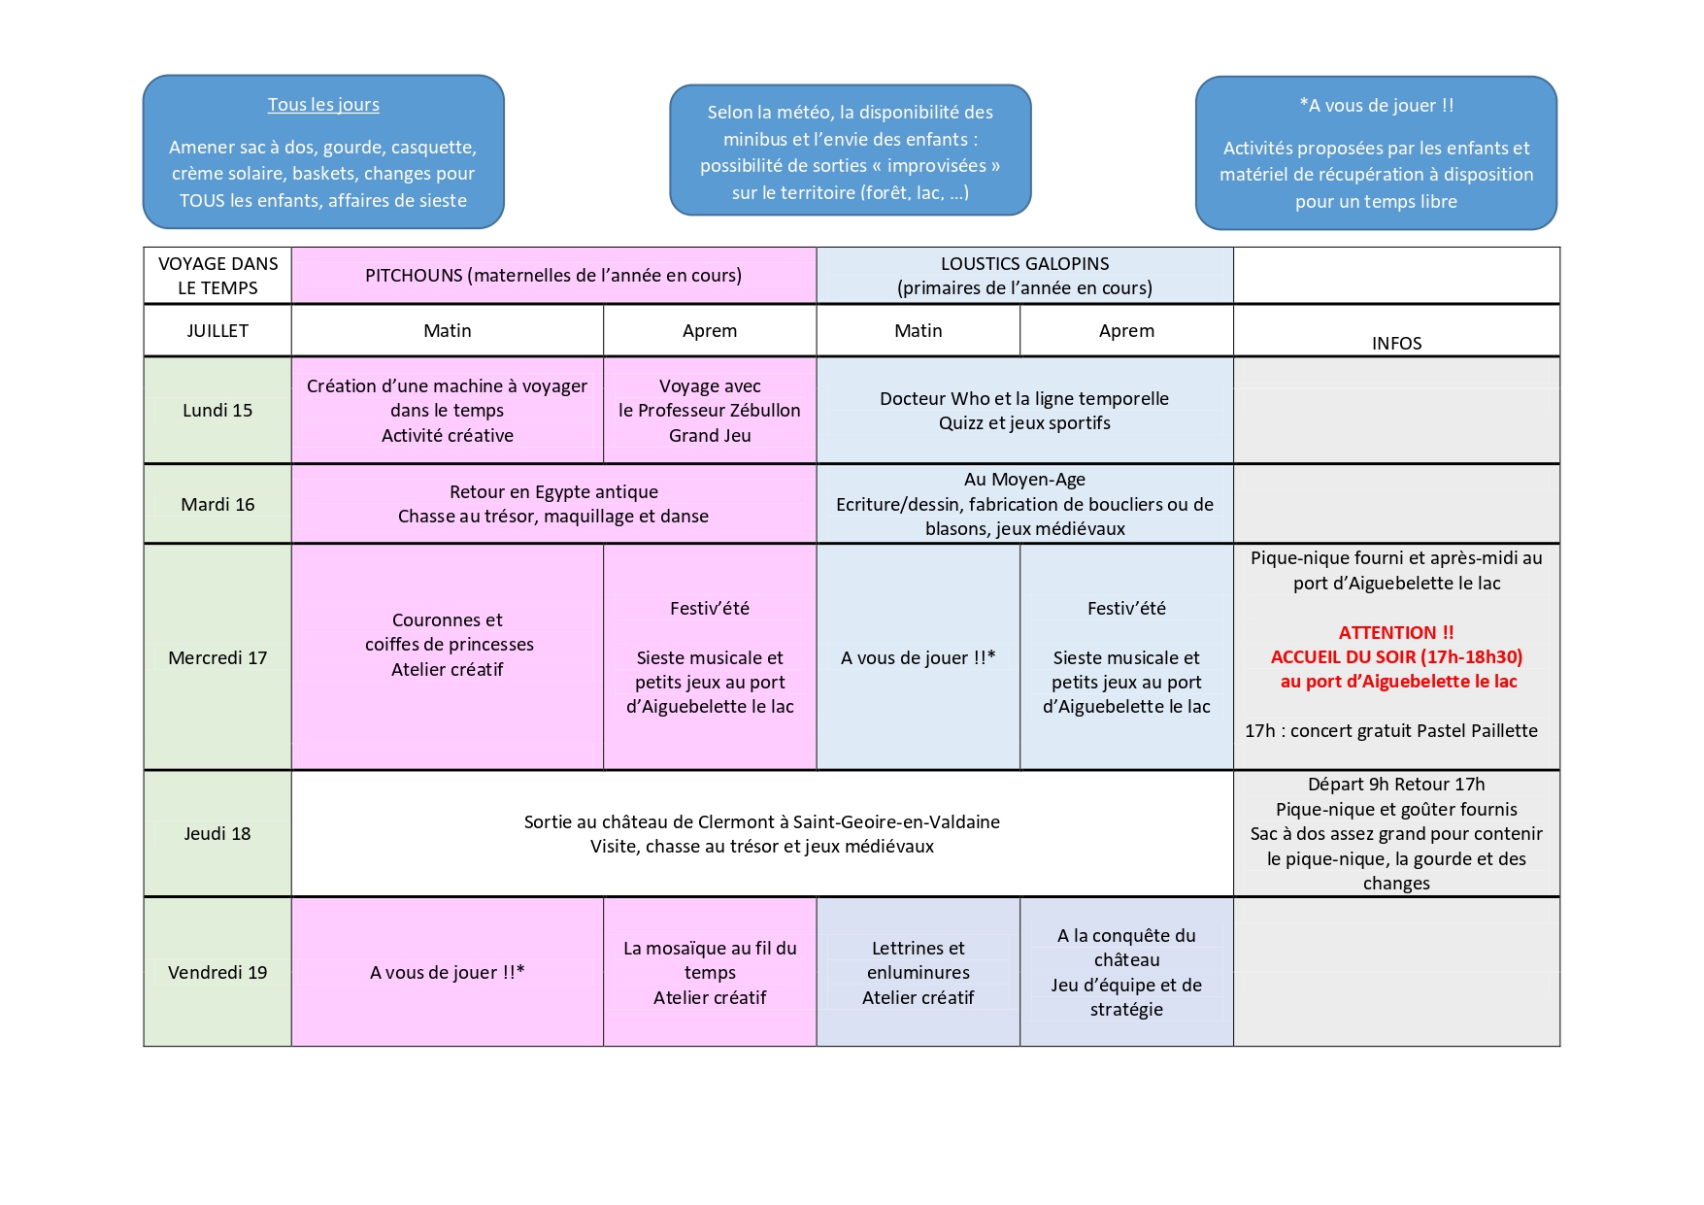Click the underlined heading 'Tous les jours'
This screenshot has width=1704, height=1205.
(323, 105)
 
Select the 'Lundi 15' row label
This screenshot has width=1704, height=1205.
(217, 411)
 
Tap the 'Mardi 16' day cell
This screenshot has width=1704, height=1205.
(217, 505)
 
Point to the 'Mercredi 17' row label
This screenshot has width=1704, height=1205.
(217, 658)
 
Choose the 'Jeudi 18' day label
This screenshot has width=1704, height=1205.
(217, 834)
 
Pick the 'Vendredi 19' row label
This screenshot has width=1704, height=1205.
(217, 973)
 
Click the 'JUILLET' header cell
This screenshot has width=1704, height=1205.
(217, 331)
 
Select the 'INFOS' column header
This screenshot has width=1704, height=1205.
(1396, 344)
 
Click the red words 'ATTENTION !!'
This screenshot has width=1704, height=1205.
(1396, 633)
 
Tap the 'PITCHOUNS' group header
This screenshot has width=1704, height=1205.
(553, 276)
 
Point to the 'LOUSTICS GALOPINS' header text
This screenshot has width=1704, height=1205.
(1024, 264)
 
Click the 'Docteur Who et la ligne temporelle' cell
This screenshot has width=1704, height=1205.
(1024, 411)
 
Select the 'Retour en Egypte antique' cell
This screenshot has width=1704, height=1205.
(553, 504)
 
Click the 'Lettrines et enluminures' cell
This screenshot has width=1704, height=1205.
(919, 973)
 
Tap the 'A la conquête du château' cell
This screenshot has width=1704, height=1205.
(1126, 973)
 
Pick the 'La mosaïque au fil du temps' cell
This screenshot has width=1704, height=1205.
(710, 973)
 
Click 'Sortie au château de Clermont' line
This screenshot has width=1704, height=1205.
(762, 822)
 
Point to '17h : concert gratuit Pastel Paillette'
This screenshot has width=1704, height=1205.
(1391, 731)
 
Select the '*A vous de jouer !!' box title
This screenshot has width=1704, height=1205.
(1376, 106)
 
